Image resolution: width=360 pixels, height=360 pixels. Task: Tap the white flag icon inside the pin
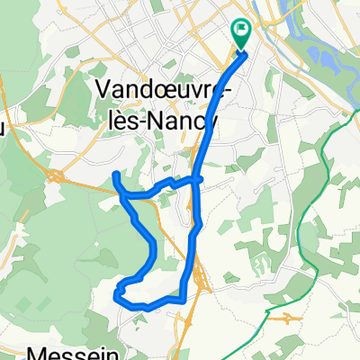click(x=242, y=31)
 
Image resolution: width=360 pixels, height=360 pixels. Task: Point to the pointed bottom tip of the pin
click(x=242, y=50)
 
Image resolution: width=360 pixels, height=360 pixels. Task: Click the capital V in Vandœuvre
click(x=102, y=90)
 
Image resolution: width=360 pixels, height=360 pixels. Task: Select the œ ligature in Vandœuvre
click(x=165, y=91)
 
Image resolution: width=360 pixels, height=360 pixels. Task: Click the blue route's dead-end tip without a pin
click(x=115, y=173)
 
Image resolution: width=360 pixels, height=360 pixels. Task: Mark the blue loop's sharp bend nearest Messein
click(x=118, y=291)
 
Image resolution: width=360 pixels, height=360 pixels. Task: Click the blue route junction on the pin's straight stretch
click(x=196, y=179)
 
